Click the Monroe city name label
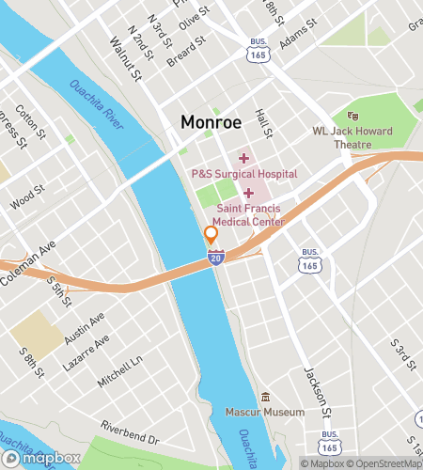(x=211, y=122)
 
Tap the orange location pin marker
(x=211, y=235)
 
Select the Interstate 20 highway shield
(x=215, y=257)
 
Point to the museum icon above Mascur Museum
(x=266, y=397)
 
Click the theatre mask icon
(x=353, y=115)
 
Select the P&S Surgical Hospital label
(x=243, y=174)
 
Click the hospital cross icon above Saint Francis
(x=249, y=193)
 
